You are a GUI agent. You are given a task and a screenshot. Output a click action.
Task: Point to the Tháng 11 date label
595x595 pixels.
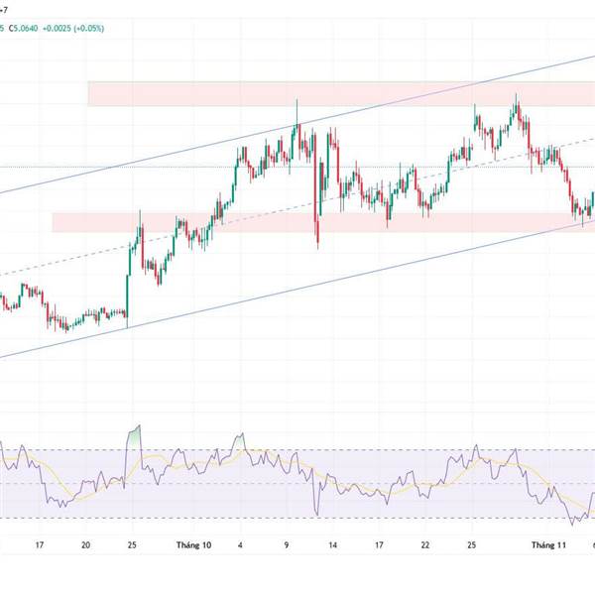coord(548,544)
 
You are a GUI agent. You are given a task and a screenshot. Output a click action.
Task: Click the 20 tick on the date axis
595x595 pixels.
coord(86,544)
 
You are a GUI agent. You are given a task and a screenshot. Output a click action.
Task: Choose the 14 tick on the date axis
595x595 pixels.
coord(334,544)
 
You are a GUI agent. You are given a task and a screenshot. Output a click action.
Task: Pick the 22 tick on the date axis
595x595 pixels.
coord(424,544)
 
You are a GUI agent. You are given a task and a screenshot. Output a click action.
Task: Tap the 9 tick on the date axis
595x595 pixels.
coord(288,544)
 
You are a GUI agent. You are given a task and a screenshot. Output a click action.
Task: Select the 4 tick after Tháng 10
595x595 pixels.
coord(241,544)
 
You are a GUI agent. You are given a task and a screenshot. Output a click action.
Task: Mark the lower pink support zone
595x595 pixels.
coord(248,222)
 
